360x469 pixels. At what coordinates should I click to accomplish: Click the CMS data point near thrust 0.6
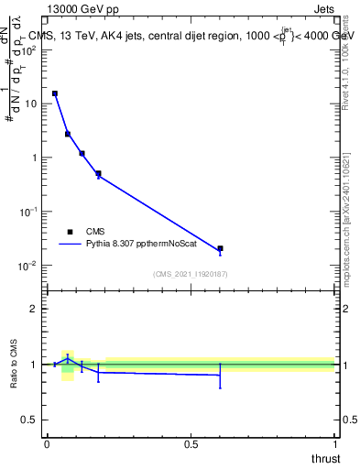pos(220,248)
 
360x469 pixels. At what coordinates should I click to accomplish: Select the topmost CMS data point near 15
pos(55,93)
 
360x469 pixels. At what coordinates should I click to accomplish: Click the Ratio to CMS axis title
pos(15,364)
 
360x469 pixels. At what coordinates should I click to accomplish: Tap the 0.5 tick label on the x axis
pos(190,444)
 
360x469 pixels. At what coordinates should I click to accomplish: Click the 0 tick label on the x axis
pos(47,444)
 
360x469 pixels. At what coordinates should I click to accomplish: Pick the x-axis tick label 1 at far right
pos(333,444)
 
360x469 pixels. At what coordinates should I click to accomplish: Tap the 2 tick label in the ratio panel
pos(34,309)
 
